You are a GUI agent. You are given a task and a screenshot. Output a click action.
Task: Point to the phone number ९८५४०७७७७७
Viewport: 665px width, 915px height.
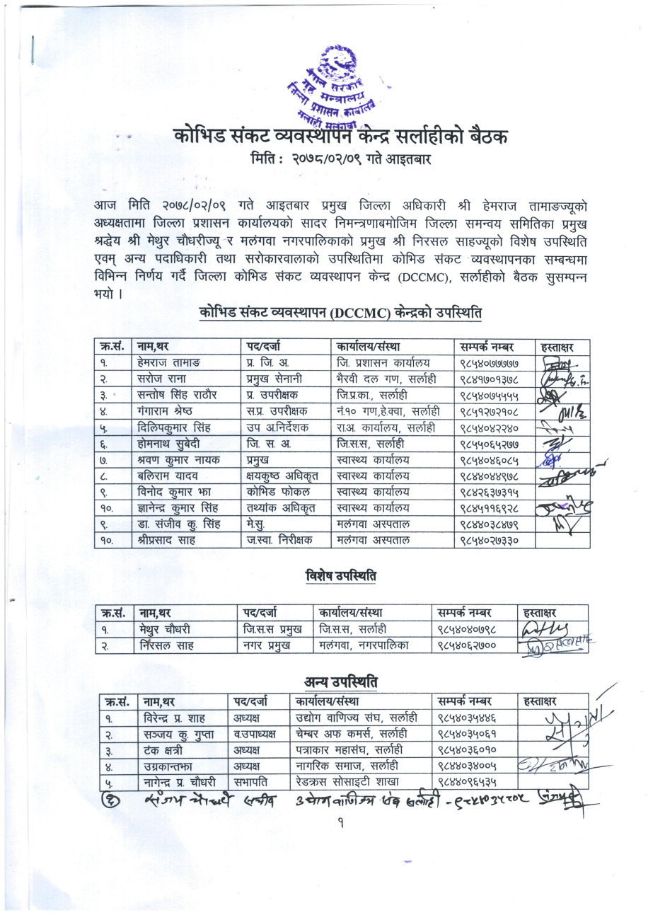coord(487,363)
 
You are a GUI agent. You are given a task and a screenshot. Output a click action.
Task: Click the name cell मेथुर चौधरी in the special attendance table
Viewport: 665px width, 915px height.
coord(166,629)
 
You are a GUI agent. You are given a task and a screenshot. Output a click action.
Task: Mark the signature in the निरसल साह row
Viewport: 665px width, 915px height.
coord(556,645)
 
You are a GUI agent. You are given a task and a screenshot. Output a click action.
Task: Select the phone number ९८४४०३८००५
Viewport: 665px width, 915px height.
coord(468,766)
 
